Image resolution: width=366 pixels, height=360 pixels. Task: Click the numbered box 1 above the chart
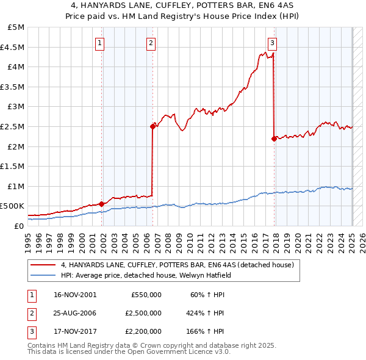(x=99, y=43)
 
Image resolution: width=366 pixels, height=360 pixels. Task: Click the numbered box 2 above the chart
(x=151, y=43)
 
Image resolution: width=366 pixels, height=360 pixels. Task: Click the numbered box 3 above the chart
(x=272, y=43)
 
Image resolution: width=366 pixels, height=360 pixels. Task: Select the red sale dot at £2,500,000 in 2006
(x=152, y=126)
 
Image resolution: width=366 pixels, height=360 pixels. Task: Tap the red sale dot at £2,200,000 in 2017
(x=274, y=139)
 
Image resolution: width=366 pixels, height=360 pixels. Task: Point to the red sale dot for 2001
(x=101, y=204)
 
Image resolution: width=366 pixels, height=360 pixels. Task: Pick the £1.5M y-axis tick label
(x=13, y=166)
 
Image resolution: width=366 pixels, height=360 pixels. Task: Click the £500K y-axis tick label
(x=12, y=206)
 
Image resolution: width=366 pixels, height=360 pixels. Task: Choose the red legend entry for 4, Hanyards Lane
(x=178, y=265)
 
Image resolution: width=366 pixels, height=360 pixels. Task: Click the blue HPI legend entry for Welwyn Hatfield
(x=146, y=275)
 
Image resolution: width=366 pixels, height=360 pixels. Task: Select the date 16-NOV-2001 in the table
(x=76, y=295)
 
